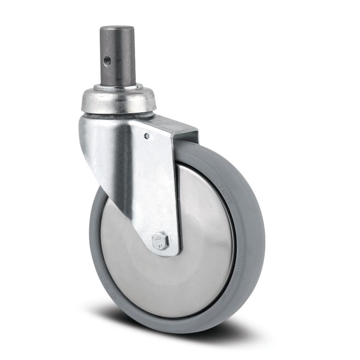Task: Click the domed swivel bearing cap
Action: (117, 99)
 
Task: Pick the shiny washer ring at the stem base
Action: (118, 87)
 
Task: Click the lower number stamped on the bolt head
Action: (159, 244)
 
